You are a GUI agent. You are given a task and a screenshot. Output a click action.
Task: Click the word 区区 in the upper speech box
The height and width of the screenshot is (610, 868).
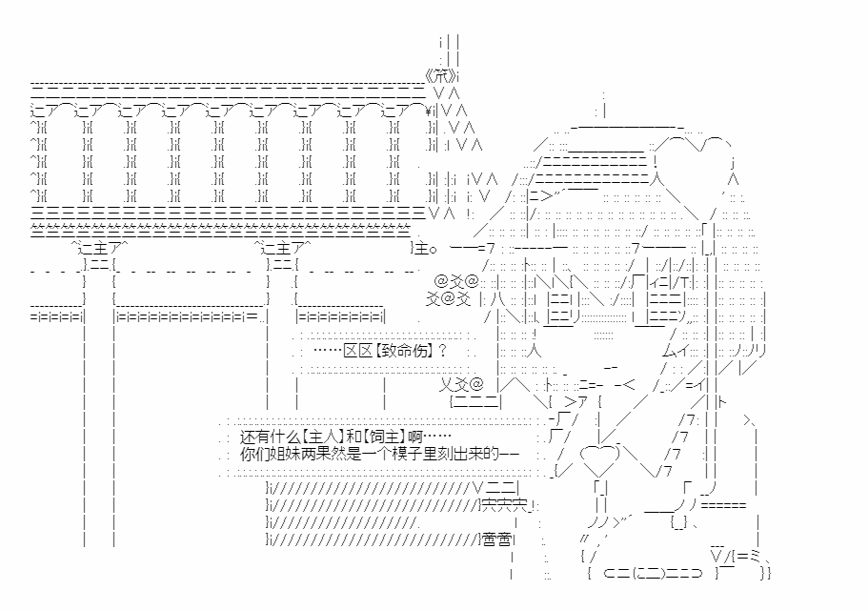point(357,350)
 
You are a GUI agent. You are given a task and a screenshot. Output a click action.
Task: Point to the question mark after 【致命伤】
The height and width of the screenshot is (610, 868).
point(442,350)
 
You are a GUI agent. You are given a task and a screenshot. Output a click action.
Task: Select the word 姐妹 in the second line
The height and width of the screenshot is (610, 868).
point(289,454)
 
